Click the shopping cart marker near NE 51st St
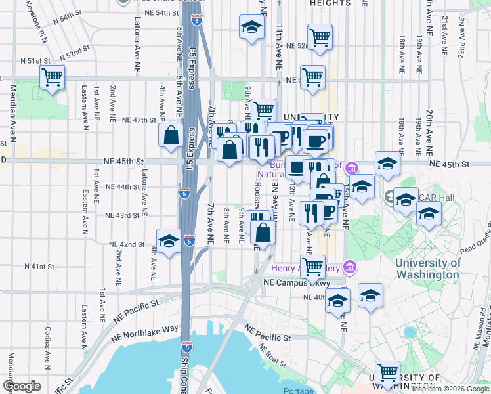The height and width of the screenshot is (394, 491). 52,77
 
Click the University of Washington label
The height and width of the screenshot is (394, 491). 427,269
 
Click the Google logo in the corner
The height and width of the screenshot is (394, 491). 21,385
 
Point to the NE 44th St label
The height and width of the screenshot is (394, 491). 123,186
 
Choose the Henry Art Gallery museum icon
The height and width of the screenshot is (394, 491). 349,267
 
